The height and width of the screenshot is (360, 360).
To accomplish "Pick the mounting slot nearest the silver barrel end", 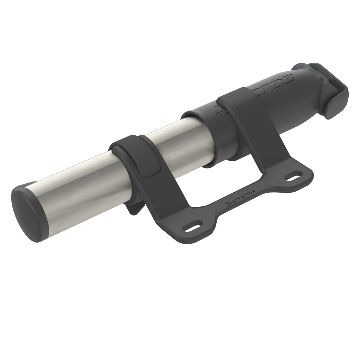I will [195, 226].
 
